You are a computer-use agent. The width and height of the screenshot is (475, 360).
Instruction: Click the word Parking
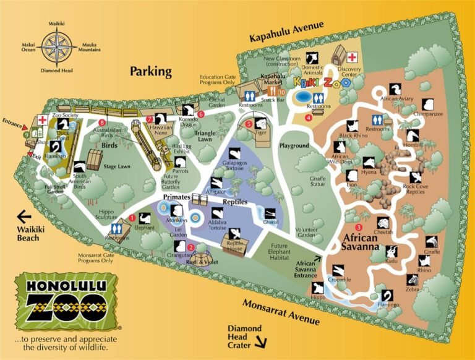click(x=151, y=72)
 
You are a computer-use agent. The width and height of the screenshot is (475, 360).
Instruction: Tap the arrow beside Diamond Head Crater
click(x=263, y=341)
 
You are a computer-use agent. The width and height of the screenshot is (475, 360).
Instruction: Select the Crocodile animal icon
click(x=338, y=270)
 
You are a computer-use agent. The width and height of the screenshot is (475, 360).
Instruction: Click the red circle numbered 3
click(x=350, y=212)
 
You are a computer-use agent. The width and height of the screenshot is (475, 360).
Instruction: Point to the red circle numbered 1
click(x=132, y=217)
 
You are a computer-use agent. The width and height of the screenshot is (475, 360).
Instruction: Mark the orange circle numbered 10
click(x=281, y=93)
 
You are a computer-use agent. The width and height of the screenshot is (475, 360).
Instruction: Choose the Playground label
click(x=294, y=146)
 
